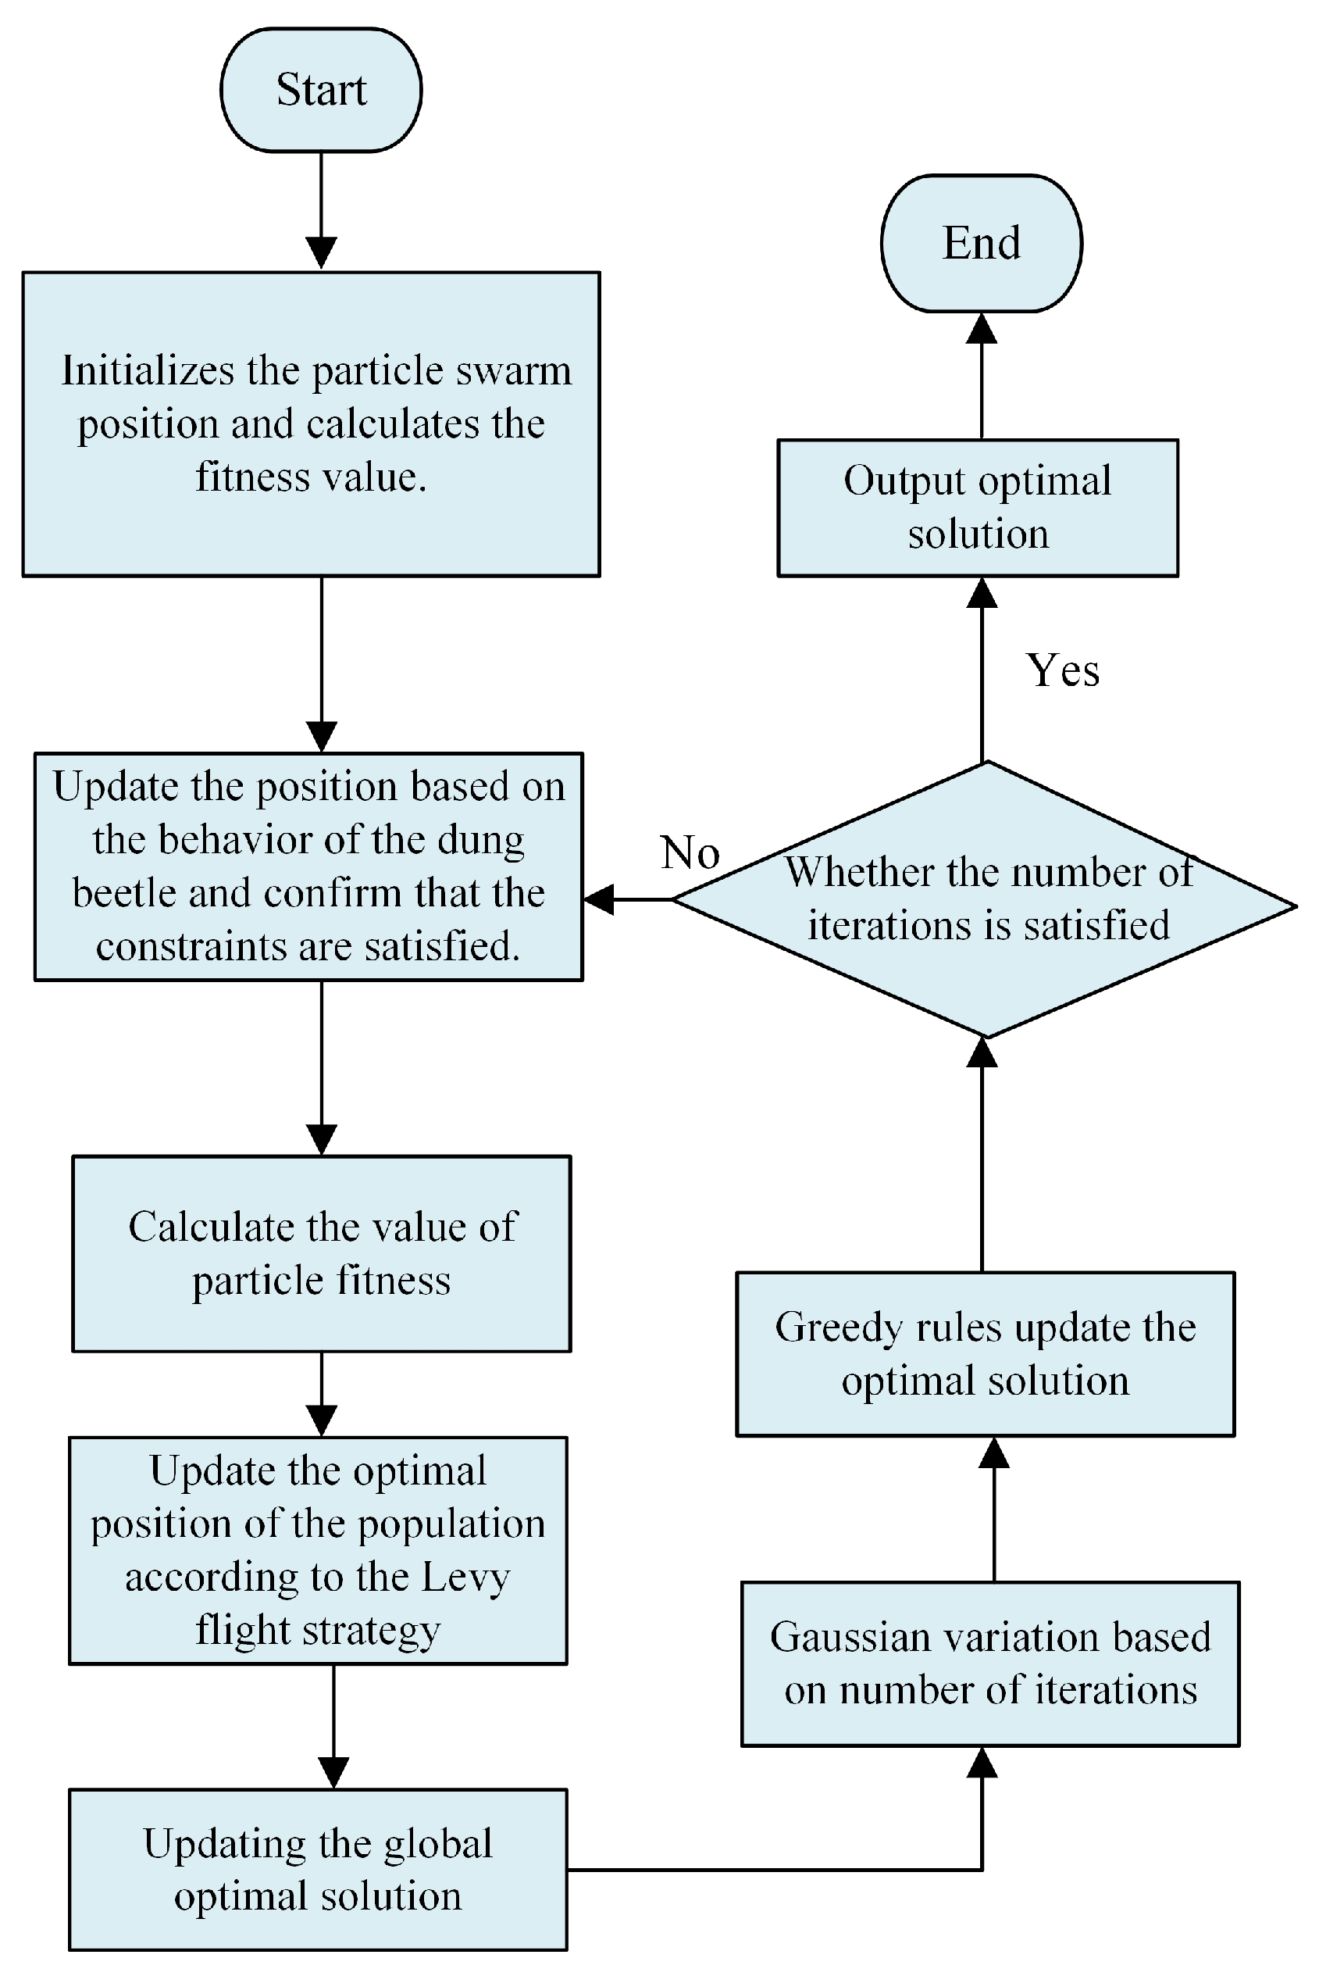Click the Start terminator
coord(320,90)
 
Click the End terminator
coord(981,243)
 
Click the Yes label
coord(1061,670)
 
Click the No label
coord(690,852)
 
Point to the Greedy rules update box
coord(985,1353)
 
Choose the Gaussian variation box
coord(989,1663)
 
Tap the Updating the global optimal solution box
coord(317,1869)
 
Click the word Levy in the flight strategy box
coord(465,1576)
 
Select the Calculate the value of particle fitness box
coord(321,1253)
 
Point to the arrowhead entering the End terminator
coord(981,329)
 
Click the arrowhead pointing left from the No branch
coord(599,899)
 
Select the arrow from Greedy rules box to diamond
coord(981,1161)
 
